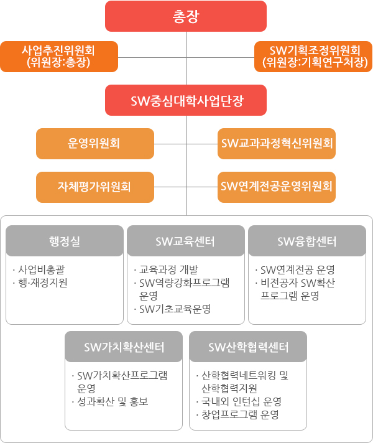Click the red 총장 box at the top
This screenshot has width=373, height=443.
point(186,16)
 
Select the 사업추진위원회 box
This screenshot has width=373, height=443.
point(59,57)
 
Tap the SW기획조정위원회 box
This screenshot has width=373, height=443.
point(313,57)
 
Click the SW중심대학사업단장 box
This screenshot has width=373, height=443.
point(186,100)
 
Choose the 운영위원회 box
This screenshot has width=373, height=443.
point(95,144)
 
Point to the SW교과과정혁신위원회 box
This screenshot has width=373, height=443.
point(277,144)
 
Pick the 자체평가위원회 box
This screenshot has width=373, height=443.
point(95,187)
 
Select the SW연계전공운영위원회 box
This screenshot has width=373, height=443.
point(277,187)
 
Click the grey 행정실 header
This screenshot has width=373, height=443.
point(65,241)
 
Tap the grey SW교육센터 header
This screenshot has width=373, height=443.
point(186,241)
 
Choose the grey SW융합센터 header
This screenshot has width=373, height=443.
point(307,241)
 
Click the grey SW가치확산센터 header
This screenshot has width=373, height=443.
point(124,347)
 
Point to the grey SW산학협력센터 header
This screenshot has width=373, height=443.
point(248,347)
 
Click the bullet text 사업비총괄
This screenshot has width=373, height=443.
point(42,269)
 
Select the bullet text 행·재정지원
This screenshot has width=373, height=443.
point(43,282)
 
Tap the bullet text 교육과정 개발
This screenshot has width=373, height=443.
point(169,269)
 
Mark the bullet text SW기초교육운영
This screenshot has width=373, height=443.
point(175,309)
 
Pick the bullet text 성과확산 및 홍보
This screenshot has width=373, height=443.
point(113,401)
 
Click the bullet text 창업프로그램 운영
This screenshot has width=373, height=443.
point(241,414)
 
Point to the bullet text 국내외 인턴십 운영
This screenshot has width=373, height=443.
point(241,401)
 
